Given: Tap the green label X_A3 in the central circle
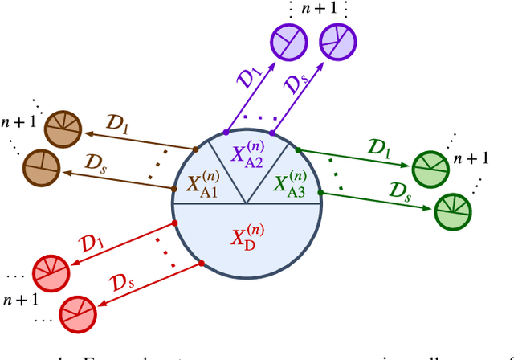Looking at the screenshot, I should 291,182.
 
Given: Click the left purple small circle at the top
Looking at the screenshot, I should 288,39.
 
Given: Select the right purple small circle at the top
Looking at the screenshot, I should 338,38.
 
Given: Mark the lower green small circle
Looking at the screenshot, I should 453,211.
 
